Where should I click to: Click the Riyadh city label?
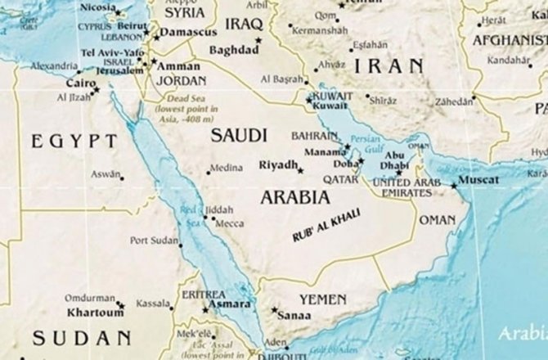point(278,164)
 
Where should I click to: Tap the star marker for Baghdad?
point(259,40)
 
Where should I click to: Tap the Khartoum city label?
point(88,313)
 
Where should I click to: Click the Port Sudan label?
point(154,241)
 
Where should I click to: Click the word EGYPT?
point(74,142)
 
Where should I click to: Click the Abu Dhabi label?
point(394,160)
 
